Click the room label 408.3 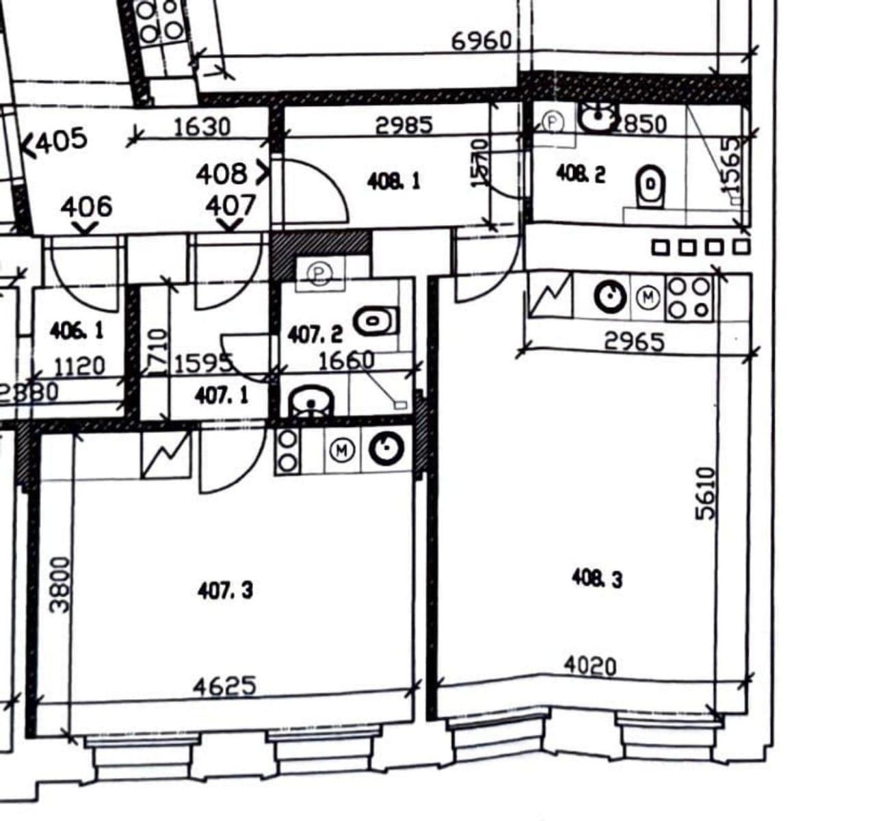597,579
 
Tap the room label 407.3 224,590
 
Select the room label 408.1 394,181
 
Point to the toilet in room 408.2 650,185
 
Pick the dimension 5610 705,493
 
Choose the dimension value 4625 224,686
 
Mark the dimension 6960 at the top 481,41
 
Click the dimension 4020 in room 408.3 590,665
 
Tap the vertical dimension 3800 60,584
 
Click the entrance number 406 85,206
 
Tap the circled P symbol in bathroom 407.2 319,274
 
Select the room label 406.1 77,331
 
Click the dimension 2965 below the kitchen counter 634,341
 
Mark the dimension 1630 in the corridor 202,127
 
